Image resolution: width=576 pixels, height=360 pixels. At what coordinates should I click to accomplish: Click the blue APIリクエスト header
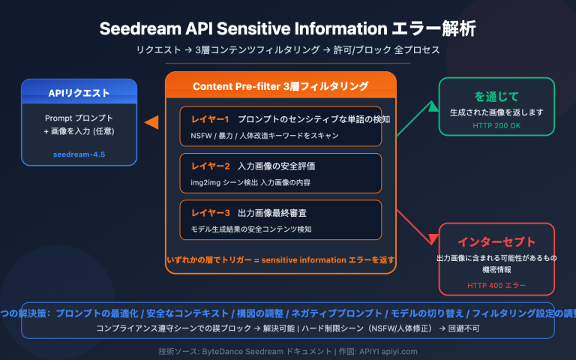(x=79, y=93)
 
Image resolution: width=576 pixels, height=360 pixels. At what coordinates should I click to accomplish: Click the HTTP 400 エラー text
(x=496, y=285)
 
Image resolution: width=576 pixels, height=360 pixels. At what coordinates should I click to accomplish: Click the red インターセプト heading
(x=496, y=241)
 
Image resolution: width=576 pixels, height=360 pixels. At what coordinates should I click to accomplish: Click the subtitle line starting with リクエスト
(x=287, y=49)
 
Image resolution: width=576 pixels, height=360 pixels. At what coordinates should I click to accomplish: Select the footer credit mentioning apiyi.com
(x=287, y=350)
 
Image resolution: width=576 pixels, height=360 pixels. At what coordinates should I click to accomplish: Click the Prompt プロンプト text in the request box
(x=79, y=118)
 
